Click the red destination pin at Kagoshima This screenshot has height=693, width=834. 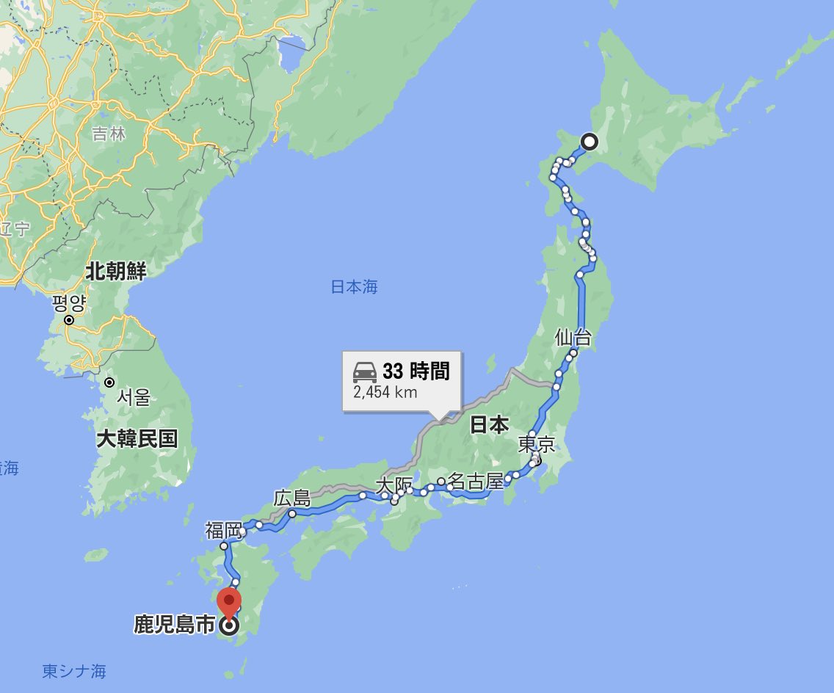230,602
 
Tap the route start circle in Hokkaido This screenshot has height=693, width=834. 589,142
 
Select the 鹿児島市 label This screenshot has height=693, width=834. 174,625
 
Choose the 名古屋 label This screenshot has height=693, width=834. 476,482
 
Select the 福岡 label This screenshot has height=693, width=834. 223,530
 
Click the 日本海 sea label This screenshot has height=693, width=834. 354,287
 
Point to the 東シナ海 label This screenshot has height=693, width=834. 74,671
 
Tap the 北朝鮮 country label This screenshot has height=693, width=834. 116,271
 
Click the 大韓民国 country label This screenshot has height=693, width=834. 137,439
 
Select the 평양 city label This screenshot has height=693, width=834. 69,302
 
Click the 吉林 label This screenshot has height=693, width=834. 109,134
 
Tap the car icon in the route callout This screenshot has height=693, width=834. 365,372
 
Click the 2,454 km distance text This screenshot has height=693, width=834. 385,392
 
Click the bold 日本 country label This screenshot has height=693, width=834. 489,424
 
